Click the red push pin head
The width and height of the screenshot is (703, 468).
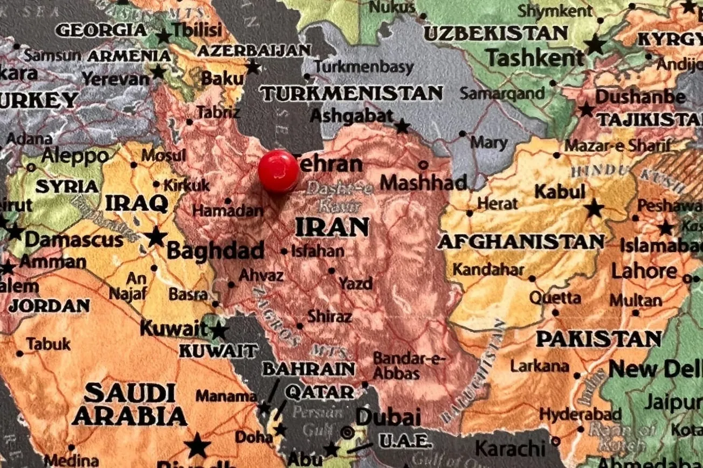278,171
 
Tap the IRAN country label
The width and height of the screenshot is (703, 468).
332,227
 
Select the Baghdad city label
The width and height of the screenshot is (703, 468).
215,251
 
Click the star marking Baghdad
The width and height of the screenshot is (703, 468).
156,236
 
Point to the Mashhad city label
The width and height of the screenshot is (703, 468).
423,183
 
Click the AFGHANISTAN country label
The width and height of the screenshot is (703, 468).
520,242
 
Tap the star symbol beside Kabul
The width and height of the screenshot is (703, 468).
594,208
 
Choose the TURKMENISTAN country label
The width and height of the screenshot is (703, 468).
352,94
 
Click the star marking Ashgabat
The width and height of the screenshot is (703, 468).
402,127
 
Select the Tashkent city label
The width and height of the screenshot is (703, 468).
535,58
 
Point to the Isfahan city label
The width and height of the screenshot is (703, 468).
318,251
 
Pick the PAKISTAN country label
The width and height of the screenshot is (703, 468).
598,339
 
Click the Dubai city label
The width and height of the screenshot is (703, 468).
388,417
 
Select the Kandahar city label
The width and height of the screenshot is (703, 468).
488,269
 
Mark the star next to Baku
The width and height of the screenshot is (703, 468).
253,67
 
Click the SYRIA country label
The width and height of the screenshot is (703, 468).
67,187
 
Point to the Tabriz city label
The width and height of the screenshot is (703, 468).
218,113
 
